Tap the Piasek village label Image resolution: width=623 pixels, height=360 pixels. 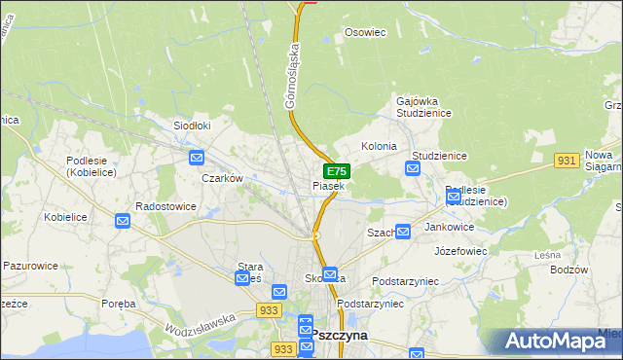coord(328,185)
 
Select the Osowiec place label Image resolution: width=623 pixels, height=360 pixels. coord(366,32)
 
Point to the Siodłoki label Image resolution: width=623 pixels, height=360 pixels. coord(192,126)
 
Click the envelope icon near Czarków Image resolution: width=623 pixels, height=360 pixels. coord(197,158)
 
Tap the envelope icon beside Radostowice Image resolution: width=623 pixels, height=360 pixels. coord(123,221)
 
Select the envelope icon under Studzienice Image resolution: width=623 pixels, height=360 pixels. coord(412,169)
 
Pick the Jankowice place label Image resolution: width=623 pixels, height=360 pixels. coord(450,227)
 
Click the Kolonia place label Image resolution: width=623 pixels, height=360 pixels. coord(379,146)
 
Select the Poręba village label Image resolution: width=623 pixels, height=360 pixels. coord(119,304)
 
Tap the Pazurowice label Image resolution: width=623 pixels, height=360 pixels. coord(31,265)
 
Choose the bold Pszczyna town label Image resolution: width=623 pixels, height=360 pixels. coord(340,334)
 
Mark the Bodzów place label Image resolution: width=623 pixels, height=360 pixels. coord(569,270)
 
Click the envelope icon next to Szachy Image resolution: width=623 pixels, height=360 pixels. coord(402,231)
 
